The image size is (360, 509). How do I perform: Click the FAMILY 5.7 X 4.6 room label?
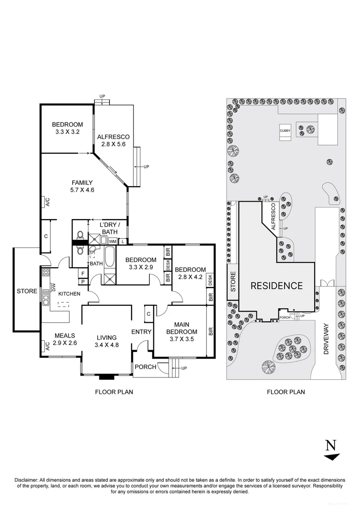pos(82,187)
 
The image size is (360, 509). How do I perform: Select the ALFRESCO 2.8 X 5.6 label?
pos(113,141)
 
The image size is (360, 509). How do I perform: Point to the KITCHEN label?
pos(69,294)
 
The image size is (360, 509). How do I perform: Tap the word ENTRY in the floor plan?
pos(141,332)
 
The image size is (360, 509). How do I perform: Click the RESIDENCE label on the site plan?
pos(276,286)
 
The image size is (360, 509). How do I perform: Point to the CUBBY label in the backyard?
pos(285,131)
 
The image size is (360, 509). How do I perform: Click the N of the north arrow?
pos(331,445)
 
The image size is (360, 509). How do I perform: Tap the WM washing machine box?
pos(113,241)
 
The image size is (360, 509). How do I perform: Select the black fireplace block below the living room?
pos(106,377)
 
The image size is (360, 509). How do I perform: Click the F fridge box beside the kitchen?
pos(82,273)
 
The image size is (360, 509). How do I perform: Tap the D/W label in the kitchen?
pos(53,287)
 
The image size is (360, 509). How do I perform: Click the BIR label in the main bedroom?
pos(211,331)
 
